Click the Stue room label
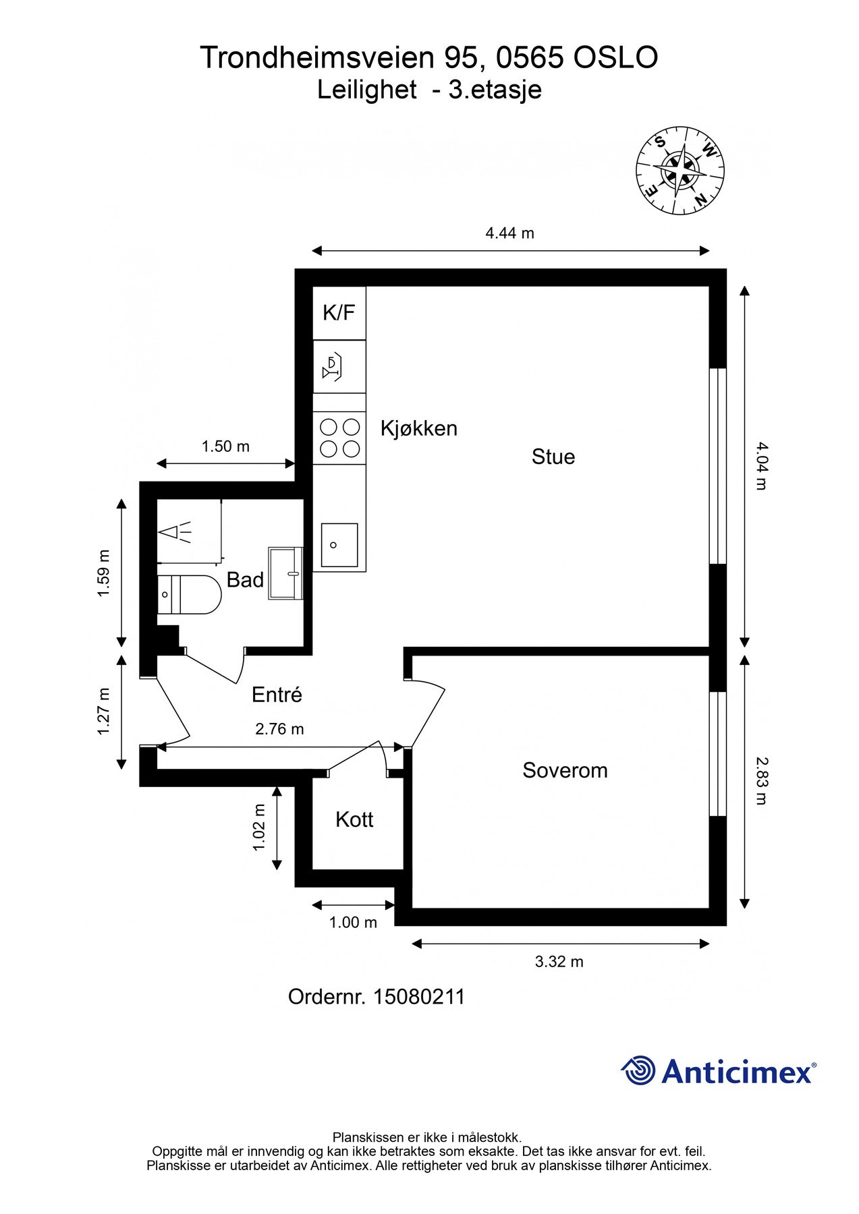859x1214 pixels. (x=553, y=457)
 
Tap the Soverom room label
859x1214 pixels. (x=565, y=770)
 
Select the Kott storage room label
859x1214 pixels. (x=354, y=819)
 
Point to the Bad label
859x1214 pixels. (x=245, y=579)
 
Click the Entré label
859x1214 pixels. (x=277, y=694)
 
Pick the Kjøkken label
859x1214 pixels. (x=419, y=428)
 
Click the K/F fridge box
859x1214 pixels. (x=339, y=313)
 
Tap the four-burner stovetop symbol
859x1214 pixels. (x=339, y=438)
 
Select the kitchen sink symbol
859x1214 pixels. (x=339, y=545)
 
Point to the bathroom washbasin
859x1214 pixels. (x=286, y=573)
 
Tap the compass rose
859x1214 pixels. (x=680, y=171)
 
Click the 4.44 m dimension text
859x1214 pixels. (x=509, y=233)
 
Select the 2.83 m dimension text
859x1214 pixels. (x=760, y=781)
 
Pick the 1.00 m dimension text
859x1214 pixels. (x=353, y=922)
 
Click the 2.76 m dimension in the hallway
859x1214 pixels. (x=279, y=728)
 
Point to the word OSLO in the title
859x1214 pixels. (x=615, y=58)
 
